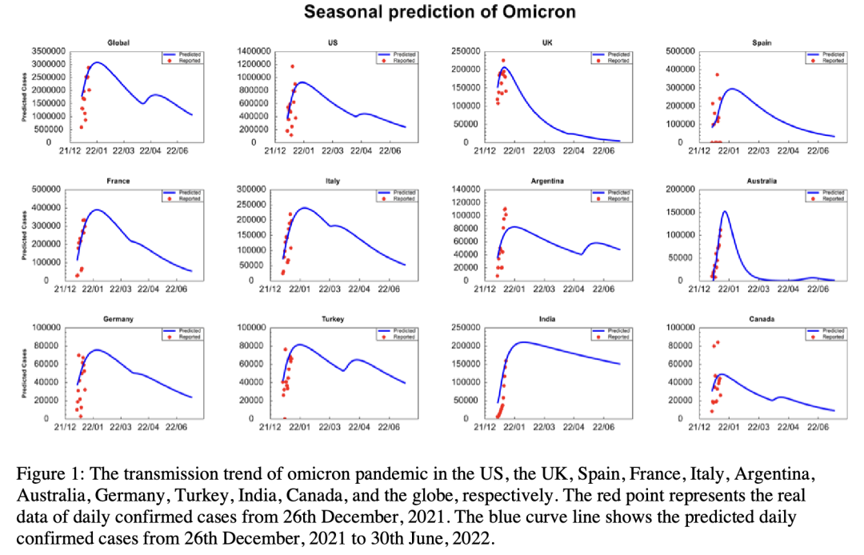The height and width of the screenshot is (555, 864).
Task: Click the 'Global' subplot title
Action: pyautogui.click(x=118, y=42)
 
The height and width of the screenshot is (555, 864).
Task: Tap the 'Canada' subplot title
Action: pyautogui.click(x=762, y=319)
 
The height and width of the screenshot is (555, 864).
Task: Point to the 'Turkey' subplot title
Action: pyautogui.click(x=332, y=319)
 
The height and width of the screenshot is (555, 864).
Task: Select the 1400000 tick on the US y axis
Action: pyautogui.click(x=259, y=51)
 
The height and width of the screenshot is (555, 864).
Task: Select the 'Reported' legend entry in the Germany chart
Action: pyautogui.click(x=190, y=337)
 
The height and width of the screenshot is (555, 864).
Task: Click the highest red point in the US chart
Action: pyautogui.click(x=292, y=66)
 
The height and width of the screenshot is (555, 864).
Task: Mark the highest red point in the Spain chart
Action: pyautogui.click(x=717, y=74)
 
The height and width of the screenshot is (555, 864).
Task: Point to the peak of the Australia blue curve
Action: pyautogui.click(x=725, y=212)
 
